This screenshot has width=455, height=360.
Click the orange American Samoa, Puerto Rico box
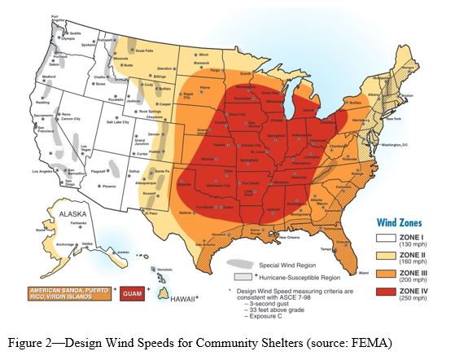click(68, 290)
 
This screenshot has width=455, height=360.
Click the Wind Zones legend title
click(398, 220)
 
